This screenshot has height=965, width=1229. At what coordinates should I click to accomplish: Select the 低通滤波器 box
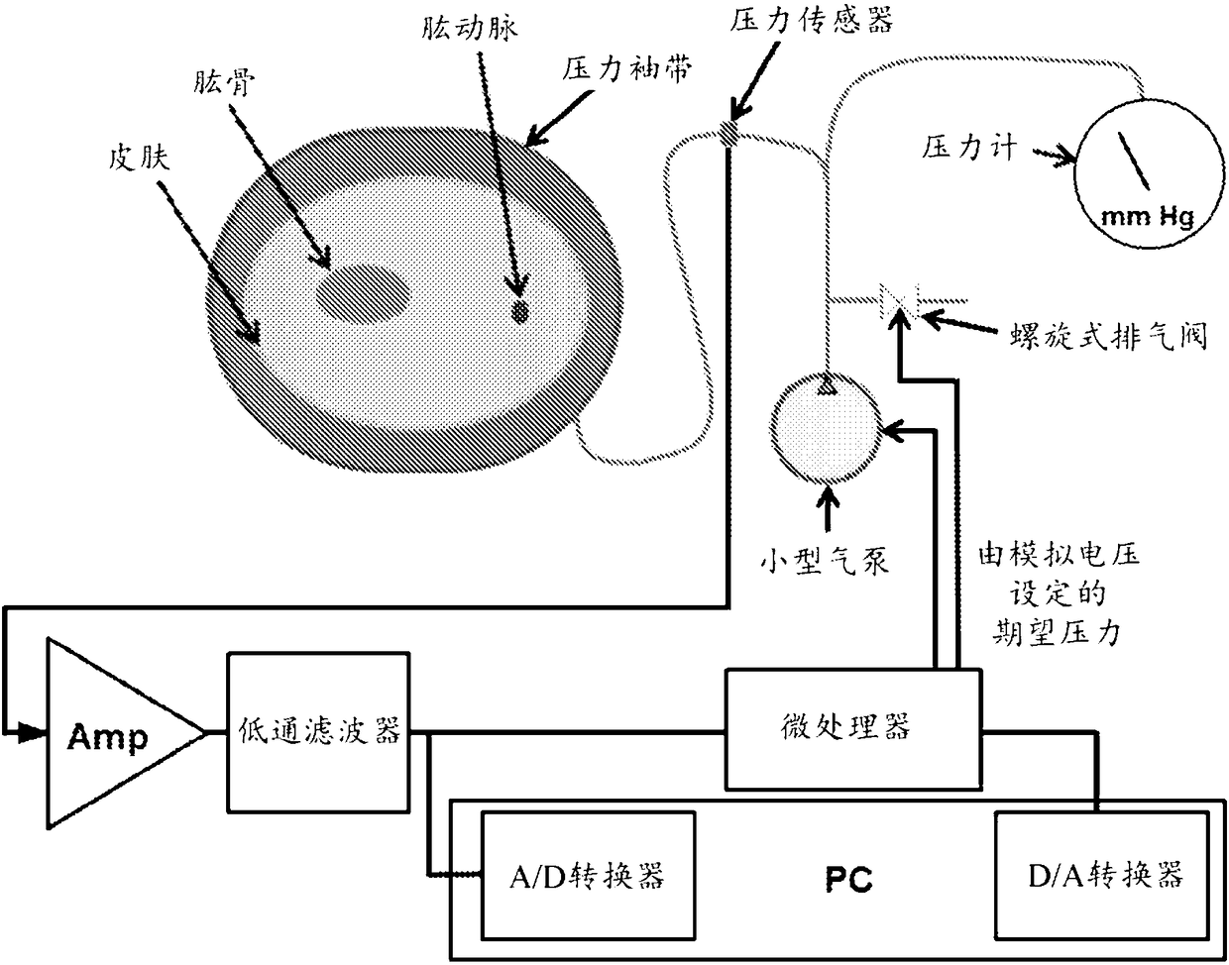click(319, 730)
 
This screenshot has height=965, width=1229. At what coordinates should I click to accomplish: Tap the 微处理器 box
click(853, 726)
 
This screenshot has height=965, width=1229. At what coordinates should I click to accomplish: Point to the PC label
click(850, 879)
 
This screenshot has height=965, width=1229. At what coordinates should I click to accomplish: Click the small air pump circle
click(824, 424)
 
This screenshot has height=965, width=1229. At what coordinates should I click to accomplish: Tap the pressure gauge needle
click(1134, 160)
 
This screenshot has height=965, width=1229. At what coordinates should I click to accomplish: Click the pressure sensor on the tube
click(728, 133)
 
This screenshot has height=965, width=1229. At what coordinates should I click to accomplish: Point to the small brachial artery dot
click(519, 311)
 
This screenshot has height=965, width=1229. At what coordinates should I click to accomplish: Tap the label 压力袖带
click(621, 70)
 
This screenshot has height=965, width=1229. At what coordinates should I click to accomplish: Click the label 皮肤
click(138, 157)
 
